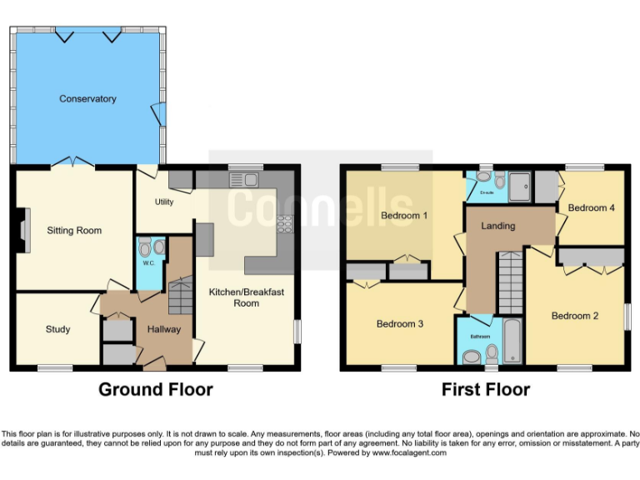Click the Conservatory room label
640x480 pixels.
(x=87, y=99)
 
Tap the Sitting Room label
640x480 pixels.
(x=73, y=231)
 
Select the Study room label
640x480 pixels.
(x=57, y=329)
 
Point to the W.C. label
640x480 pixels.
(x=148, y=263)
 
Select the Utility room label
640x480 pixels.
(x=163, y=202)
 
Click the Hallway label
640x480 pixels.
(x=164, y=329)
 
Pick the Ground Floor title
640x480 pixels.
(x=156, y=389)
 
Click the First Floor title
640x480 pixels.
(x=485, y=389)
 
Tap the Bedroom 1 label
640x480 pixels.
(x=404, y=216)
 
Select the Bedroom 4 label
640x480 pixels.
(x=592, y=207)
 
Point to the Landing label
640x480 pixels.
(x=498, y=226)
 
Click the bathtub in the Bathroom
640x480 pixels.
(x=511, y=340)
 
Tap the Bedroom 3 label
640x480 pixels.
(x=400, y=323)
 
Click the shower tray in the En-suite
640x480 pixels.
(x=519, y=187)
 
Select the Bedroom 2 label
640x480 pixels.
(x=575, y=316)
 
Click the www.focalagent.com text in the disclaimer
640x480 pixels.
(x=409, y=453)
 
